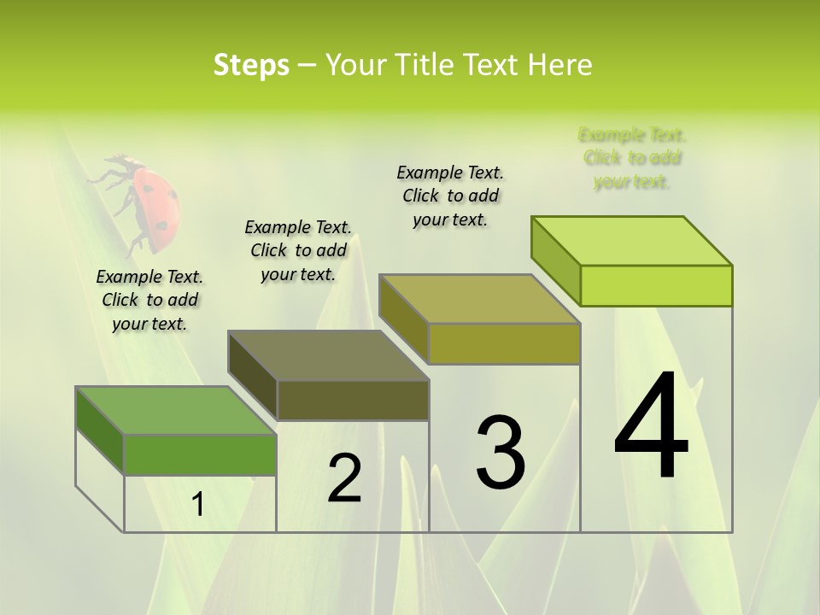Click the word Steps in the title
251,65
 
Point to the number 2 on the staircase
344,478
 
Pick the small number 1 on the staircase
198,505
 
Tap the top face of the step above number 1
176,410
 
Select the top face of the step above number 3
480,299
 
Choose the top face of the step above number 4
632,241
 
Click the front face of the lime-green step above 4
656,285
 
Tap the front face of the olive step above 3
504,343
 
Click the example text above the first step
149,300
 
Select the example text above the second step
298,250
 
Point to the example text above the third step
450,196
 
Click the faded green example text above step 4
632,158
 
